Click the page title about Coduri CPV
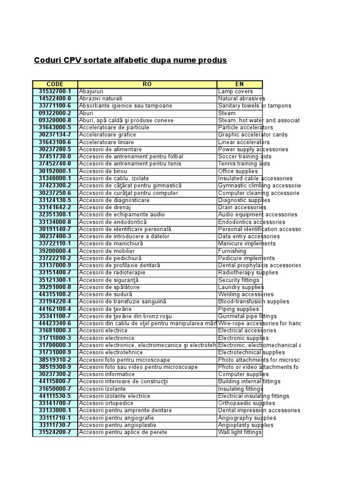(130, 60)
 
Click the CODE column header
(55, 84)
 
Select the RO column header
(147, 84)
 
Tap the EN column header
(240, 84)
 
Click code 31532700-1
(55, 91)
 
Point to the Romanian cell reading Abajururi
(91, 91)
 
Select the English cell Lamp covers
(235, 91)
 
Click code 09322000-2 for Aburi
(55, 113)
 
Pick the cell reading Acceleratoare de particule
(114, 127)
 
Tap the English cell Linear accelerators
(244, 142)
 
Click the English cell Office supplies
(238, 171)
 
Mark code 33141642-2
(55, 207)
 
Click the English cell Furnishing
(232, 251)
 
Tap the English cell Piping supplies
(238, 309)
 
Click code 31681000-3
(55, 330)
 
